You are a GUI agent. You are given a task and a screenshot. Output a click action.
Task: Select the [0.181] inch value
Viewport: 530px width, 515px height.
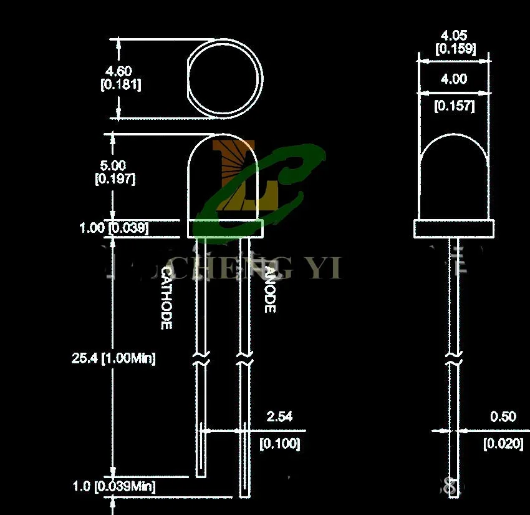click(120, 85)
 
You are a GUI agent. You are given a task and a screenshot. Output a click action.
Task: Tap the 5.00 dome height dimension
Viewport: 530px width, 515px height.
click(115, 165)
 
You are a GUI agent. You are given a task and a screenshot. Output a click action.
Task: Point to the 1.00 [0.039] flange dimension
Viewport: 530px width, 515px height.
click(114, 228)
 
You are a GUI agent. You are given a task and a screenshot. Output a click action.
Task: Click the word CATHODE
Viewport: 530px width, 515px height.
click(166, 298)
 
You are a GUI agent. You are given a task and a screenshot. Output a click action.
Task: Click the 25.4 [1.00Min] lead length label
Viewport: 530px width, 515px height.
click(113, 358)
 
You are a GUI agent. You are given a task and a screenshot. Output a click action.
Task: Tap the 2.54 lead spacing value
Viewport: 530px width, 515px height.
click(279, 416)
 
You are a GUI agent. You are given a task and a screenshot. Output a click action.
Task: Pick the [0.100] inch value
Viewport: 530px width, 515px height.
click(279, 444)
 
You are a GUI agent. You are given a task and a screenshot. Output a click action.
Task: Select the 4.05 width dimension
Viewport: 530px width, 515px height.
click(453, 36)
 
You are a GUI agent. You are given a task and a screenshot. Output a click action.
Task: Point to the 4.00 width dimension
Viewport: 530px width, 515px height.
click(453, 79)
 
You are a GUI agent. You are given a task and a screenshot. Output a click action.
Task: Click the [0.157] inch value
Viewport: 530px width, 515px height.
click(454, 106)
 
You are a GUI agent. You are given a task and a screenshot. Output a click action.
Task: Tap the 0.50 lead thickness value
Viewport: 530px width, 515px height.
click(503, 416)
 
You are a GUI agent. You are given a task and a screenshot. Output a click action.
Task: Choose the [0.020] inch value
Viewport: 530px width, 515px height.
click(503, 444)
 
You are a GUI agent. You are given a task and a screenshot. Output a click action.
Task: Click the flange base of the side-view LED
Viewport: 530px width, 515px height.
click(454, 228)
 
